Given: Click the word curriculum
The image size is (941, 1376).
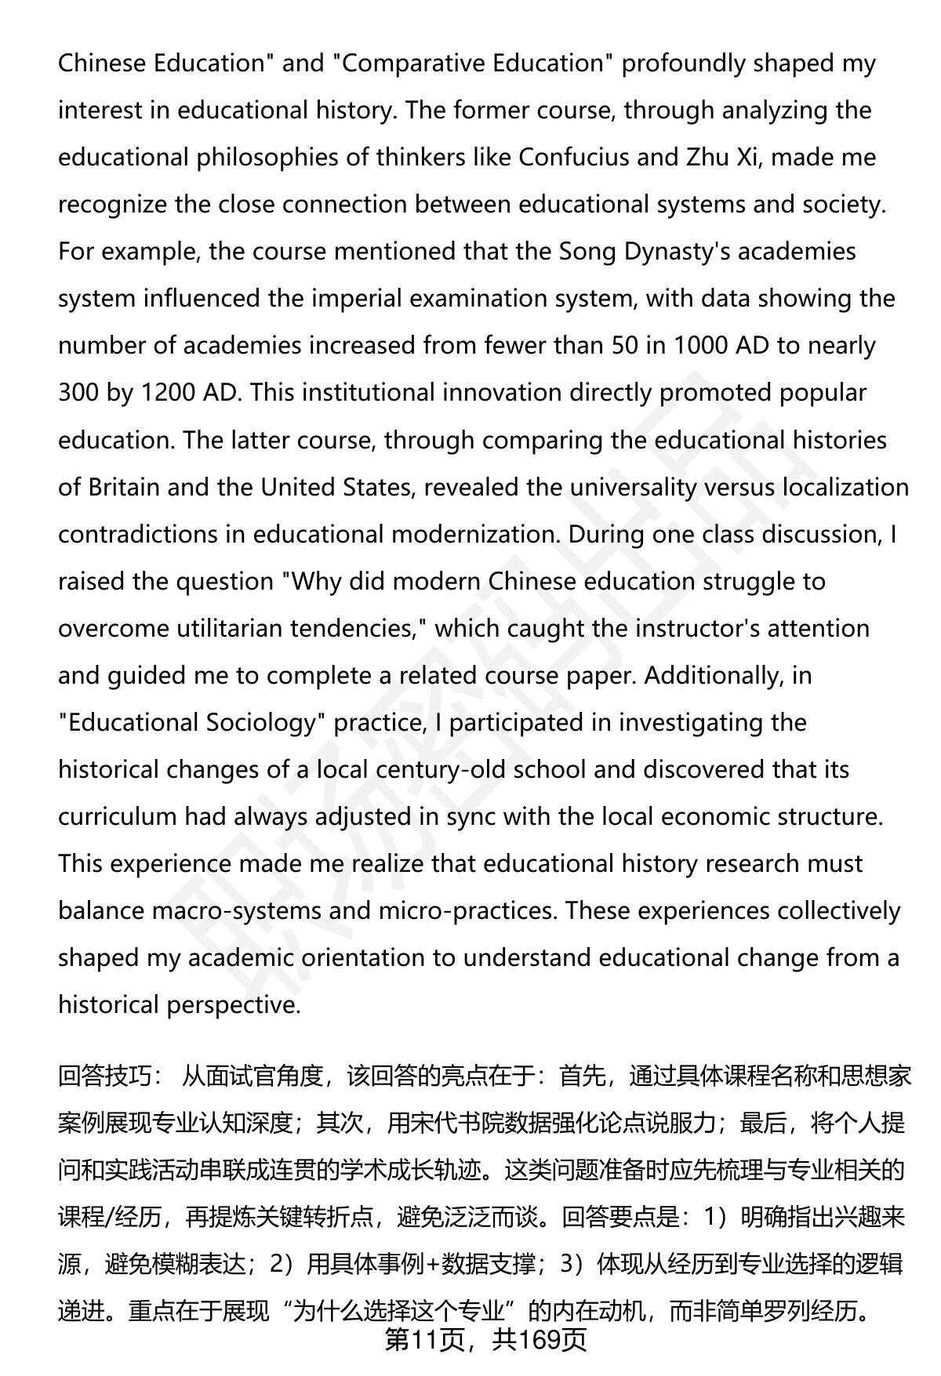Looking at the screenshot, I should pyautogui.click(x=117, y=816).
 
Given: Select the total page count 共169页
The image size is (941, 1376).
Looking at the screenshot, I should pyautogui.click(x=540, y=1340).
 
